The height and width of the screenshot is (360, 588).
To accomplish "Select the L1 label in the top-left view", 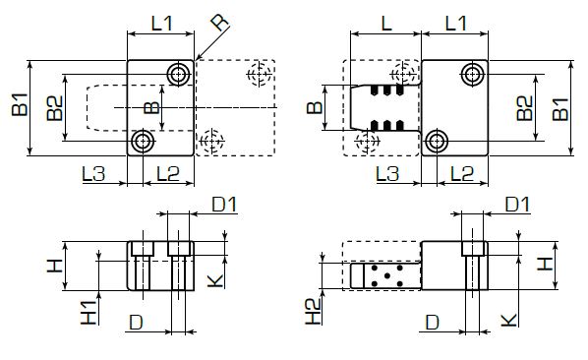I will click(x=161, y=22).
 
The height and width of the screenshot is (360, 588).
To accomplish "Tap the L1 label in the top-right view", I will click(x=455, y=22).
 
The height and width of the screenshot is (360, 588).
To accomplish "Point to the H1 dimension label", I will click(x=88, y=312).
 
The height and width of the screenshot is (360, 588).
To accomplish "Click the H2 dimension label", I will click(x=313, y=312).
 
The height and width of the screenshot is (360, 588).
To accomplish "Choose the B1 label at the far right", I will click(x=559, y=106).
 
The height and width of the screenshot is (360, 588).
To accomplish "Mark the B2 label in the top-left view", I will click(x=56, y=107).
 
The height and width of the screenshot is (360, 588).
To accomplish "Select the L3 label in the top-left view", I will click(x=94, y=175).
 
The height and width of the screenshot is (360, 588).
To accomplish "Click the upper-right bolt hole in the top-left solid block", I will click(x=178, y=74).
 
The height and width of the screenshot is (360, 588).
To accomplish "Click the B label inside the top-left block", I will click(x=150, y=107).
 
